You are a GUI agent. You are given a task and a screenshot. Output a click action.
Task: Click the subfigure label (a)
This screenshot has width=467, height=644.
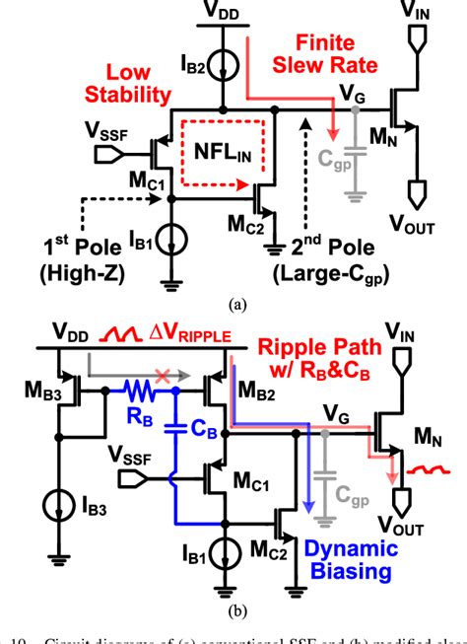coord(233,305)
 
